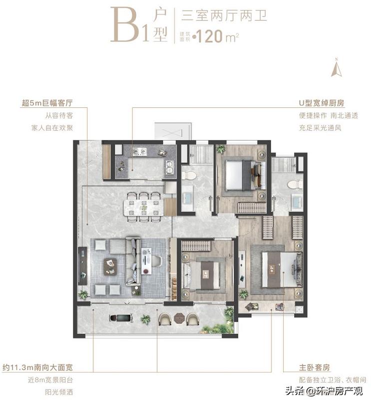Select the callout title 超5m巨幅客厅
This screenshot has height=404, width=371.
click(x=47, y=103)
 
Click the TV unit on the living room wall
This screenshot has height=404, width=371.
click(x=82, y=265)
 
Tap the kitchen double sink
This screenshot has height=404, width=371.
click(x=169, y=168)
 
